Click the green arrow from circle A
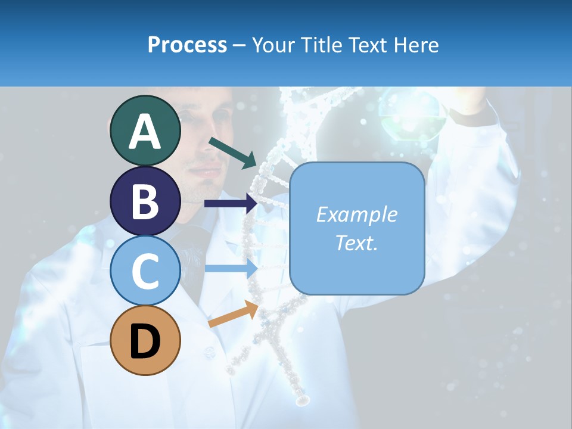tap(232, 152)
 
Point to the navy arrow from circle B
tap(231, 203)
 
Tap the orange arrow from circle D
tap(233, 314)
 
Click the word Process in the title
tap(187, 45)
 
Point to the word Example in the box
tap(357, 214)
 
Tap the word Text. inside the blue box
tap(357, 243)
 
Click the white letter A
tap(145, 132)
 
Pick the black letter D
tap(145, 341)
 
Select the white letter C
tap(145, 271)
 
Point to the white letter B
tap(145, 201)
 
